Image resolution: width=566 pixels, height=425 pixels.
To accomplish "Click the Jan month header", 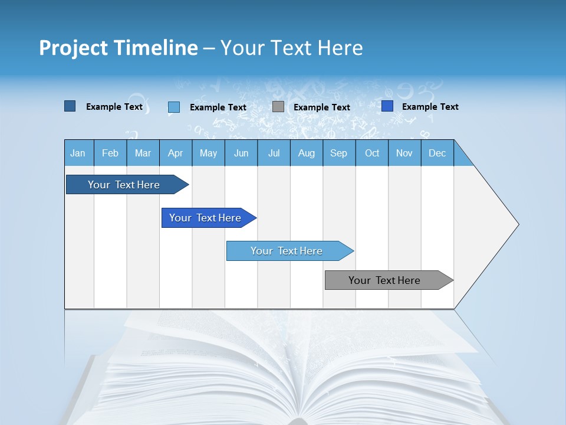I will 78,153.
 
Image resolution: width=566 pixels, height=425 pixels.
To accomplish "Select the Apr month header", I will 176,153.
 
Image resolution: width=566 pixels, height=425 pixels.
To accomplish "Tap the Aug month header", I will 307,153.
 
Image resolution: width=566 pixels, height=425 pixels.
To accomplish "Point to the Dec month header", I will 437,153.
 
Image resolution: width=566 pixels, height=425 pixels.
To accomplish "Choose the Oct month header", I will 372,153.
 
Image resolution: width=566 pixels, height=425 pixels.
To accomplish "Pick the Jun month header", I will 241,153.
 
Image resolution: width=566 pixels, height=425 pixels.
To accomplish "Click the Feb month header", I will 110,153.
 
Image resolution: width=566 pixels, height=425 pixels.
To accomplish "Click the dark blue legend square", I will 70,106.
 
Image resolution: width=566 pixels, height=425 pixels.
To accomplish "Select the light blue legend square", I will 174,107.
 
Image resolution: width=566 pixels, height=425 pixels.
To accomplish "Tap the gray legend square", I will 278,107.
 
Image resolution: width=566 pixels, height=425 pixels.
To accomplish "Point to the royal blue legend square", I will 387,106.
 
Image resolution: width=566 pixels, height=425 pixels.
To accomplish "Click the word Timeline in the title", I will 155,48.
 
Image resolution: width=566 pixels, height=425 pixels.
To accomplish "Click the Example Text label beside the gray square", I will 322,107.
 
